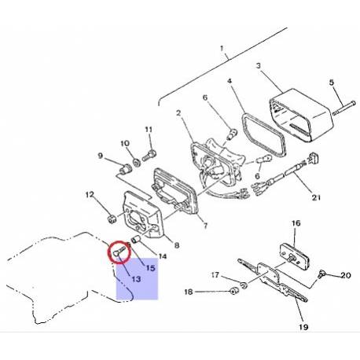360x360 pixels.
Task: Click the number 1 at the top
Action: tap(224, 56)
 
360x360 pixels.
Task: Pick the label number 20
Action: tap(345, 276)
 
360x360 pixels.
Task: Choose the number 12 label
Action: tap(90, 194)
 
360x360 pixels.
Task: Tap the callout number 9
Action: tap(101, 156)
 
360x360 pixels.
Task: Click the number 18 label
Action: tap(188, 292)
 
